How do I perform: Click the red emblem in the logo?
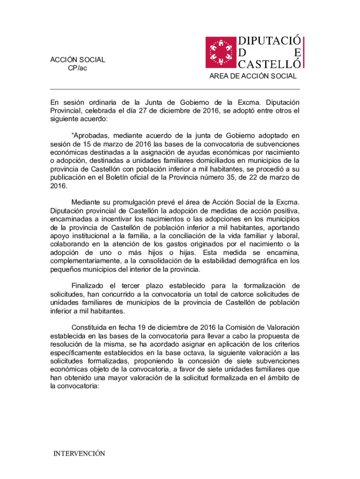222,52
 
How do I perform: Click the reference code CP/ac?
77,68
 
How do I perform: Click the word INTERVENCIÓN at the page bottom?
79,454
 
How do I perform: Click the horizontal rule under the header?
175,89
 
